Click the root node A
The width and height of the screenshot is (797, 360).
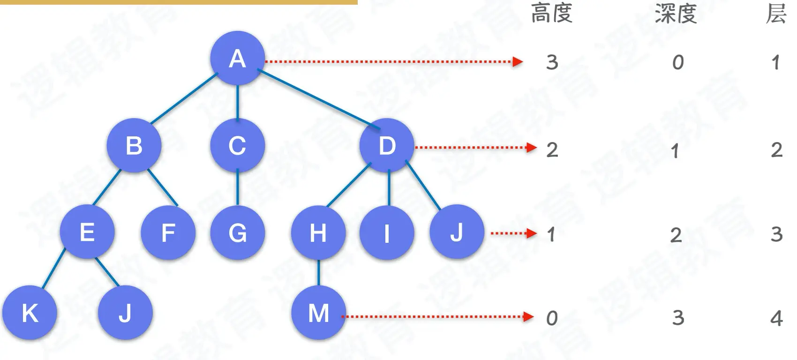click(x=237, y=59)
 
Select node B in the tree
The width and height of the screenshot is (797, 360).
click(x=134, y=145)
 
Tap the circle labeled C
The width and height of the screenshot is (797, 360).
click(x=237, y=145)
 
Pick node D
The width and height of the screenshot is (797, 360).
click(x=387, y=145)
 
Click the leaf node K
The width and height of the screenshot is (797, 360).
click(x=30, y=313)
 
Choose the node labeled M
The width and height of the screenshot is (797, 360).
click(x=318, y=313)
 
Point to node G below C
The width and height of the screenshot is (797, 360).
click(x=237, y=232)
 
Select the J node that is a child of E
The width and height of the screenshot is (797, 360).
click(x=125, y=313)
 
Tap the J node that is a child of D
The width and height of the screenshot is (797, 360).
click(x=457, y=232)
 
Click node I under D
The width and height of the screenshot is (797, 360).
click(x=387, y=232)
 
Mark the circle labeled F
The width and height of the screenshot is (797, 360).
click(x=168, y=232)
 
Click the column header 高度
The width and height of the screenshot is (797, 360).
click(x=552, y=13)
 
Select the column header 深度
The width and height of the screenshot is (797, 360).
click(x=676, y=13)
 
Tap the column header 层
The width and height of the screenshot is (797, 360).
click(x=776, y=13)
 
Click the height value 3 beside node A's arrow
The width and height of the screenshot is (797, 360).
click(x=552, y=62)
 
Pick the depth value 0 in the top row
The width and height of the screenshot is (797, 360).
click(x=678, y=62)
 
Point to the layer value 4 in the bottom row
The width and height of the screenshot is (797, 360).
click(x=776, y=319)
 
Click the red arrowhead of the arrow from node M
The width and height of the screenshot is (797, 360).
click(x=529, y=317)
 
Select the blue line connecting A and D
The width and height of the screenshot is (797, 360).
click(x=319, y=98)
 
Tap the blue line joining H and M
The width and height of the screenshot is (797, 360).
click(x=319, y=272)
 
